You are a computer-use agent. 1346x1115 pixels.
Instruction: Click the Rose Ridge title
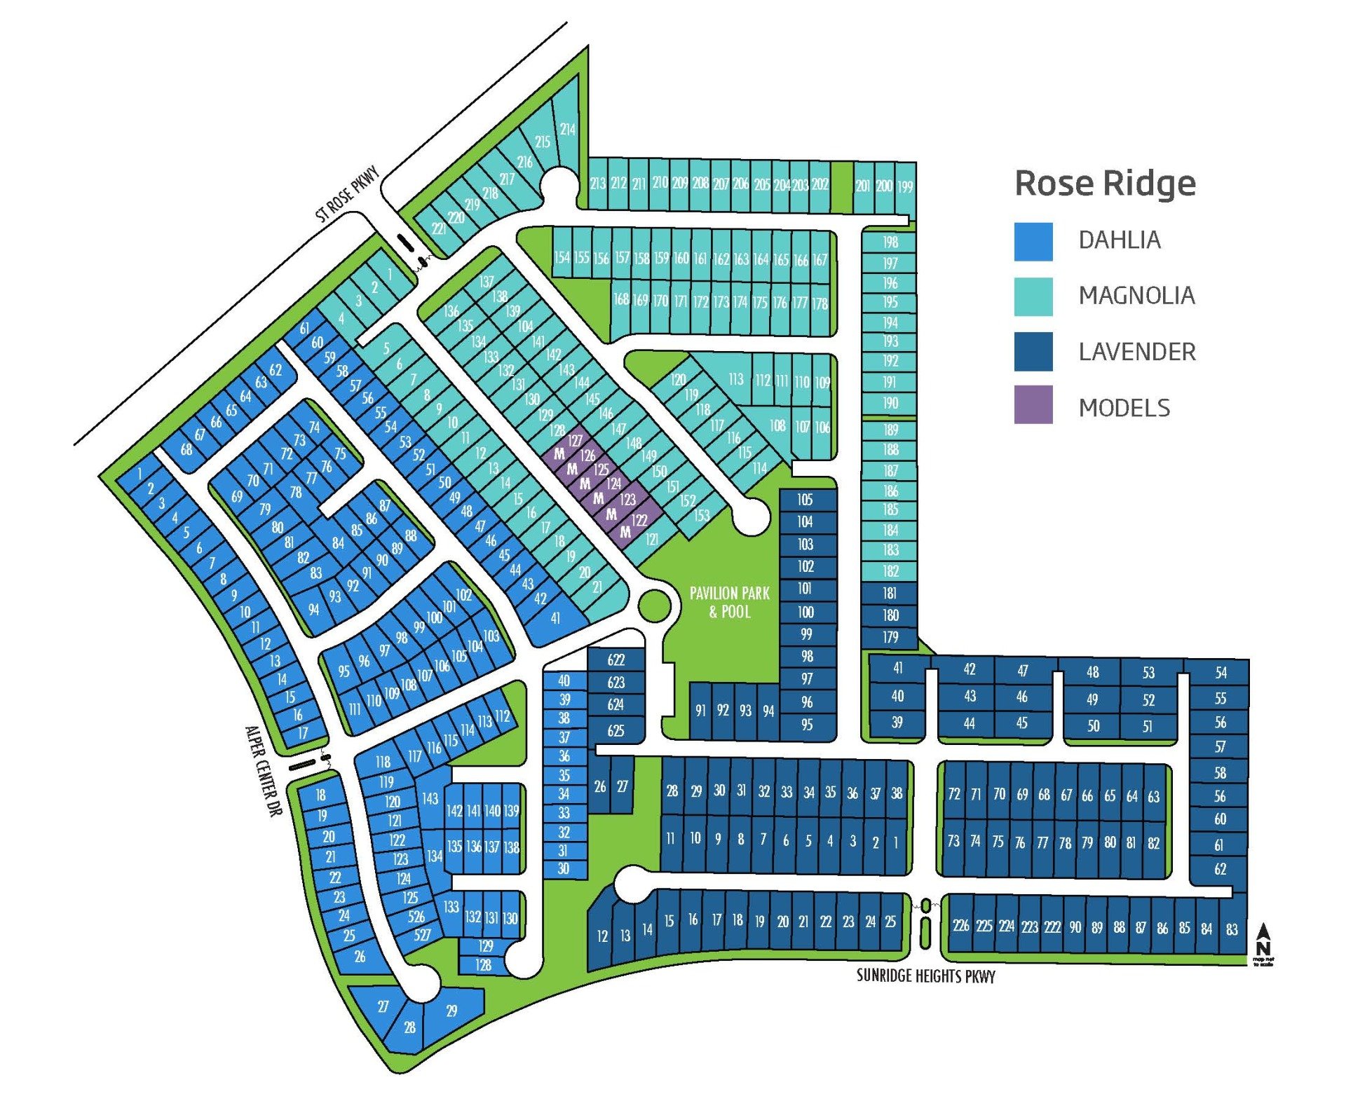point(1105,184)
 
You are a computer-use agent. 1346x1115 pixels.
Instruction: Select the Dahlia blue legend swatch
point(1033,242)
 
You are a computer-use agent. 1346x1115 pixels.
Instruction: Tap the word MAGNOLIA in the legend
point(1136,296)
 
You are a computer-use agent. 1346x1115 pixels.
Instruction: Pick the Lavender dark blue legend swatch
point(1033,351)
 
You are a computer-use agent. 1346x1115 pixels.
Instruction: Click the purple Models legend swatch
point(1033,404)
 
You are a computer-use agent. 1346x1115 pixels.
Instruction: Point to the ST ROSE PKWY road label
point(347,194)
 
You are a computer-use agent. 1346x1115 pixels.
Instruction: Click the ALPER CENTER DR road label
point(263,770)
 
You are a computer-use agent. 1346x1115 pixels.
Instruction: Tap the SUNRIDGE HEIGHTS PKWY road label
point(925,976)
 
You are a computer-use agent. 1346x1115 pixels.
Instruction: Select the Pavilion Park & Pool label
point(729,602)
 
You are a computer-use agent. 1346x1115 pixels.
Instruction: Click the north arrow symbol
point(1263,936)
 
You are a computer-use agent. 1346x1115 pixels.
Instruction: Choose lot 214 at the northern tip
point(567,130)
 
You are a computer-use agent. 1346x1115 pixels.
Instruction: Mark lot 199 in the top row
point(905,186)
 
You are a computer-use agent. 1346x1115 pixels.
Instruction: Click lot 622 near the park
point(616,660)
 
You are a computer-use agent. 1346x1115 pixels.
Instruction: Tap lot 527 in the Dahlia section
point(422,934)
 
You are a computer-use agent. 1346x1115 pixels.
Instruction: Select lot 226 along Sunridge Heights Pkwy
point(960,925)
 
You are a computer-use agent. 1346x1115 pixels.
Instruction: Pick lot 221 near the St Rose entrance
point(439,228)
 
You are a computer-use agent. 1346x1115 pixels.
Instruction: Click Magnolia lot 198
point(890,242)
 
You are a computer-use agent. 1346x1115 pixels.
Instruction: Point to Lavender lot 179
point(890,637)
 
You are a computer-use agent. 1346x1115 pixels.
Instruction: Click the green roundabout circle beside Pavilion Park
point(653,606)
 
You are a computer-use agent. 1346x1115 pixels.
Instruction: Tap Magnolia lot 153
point(701,516)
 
